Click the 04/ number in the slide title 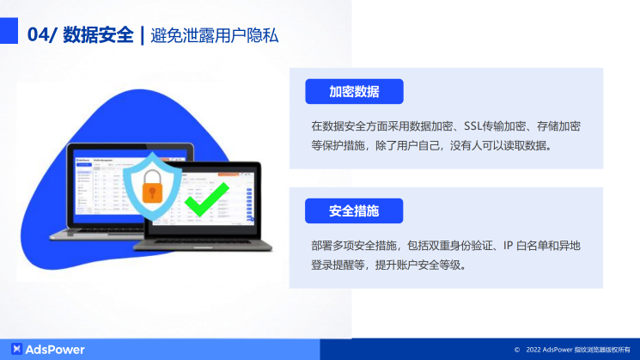click(42, 35)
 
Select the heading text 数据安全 click(98, 35)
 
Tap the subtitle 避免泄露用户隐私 click(214, 35)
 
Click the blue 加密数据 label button click(354, 92)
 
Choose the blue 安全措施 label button click(354, 211)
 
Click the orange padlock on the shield click(152, 183)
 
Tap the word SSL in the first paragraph click(475, 125)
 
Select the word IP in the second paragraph click(508, 246)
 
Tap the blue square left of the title click(9, 34)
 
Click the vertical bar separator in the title click(142, 35)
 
